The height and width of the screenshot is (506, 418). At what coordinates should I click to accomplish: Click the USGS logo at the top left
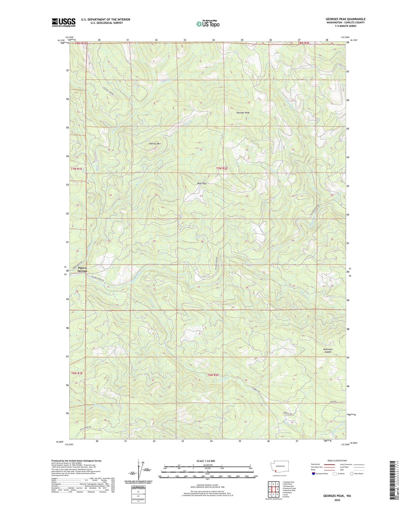pos(64,22)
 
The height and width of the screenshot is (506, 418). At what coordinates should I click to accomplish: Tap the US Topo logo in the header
pos(208,24)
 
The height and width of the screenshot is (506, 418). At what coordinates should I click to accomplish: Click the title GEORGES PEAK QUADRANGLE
pos(345,19)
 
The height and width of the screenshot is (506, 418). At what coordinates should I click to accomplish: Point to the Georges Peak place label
pos(243,113)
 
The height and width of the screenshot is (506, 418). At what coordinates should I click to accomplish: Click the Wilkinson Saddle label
pos(328,351)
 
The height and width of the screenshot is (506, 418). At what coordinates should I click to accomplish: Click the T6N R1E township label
pos(77,373)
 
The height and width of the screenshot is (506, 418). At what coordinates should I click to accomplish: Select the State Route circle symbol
pos(352,474)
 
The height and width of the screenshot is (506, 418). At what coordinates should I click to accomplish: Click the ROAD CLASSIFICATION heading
pos(337,461)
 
